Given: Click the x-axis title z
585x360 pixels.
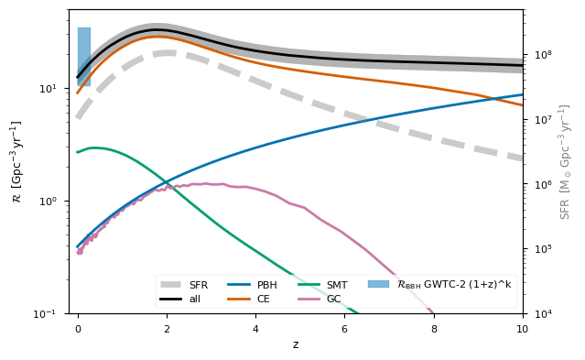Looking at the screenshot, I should tap(295, 344).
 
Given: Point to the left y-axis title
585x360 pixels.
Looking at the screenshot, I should tap(16, 161).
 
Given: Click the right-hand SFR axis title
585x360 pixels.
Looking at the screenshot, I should tap(566, 161).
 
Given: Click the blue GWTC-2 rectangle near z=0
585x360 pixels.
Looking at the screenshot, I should tap(84, 57).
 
